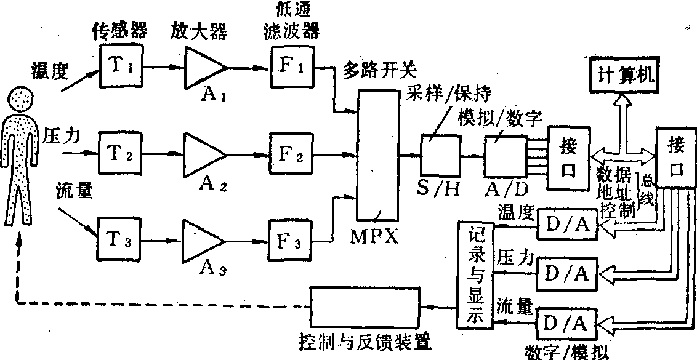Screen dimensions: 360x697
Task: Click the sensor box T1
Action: pos(121,67)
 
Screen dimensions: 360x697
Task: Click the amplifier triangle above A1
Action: pos(203,66)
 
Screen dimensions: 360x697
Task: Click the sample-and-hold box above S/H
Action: pos(440,154)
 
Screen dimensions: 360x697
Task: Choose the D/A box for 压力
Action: pos(568,271)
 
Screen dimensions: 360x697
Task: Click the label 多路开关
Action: pos(370,69)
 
